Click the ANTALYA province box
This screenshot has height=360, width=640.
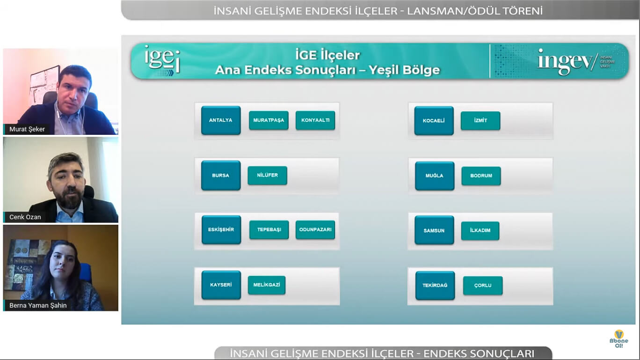click(221, 120)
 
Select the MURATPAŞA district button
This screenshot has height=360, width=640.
click(269, 120)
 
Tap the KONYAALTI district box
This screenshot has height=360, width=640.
click(315, 120)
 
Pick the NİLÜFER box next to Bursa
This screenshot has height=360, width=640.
click(268, 175)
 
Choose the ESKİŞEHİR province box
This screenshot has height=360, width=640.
click(221, 230)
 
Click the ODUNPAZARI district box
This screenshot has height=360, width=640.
click(315, 229)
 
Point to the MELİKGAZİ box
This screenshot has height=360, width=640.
click(267, 285)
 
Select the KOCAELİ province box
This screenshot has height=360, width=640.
click(434, 121)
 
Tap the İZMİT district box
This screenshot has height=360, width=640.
click(480, 121)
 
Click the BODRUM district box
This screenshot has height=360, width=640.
click(481, 176)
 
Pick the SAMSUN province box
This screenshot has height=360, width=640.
click(434, 230)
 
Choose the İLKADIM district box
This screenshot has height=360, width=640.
click(480, 230)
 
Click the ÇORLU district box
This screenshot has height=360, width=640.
click(483, 286)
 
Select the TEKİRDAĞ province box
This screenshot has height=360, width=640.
click(435, 286)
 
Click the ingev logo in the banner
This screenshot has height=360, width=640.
click(576, 62)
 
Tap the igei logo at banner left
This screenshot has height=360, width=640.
click(162, 60)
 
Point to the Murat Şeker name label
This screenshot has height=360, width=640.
click(27, 129)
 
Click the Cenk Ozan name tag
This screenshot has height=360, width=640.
click(25, 217)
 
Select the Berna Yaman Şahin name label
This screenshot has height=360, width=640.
click(38, 305)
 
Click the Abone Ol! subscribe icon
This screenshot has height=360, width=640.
click(619, 339)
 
